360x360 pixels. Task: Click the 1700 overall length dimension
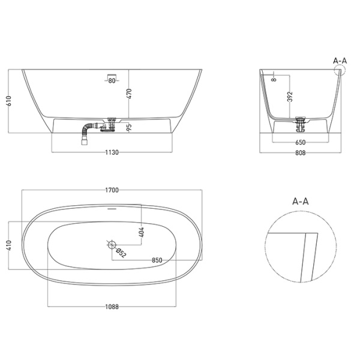tap(112, 190)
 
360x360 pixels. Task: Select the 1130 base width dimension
tap(112, 152)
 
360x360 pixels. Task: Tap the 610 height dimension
tap(8, 101)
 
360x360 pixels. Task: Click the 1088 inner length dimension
tap(112, 307)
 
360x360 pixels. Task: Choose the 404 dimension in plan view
tap(141, 232)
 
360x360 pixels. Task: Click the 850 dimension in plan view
tap(158, 260)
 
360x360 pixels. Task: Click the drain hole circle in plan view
tap(112, 244)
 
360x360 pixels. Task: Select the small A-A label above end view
tap(340, 60)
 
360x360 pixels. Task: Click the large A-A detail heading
tap(300, 203)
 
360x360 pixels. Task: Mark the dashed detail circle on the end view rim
tap(340, 73)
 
